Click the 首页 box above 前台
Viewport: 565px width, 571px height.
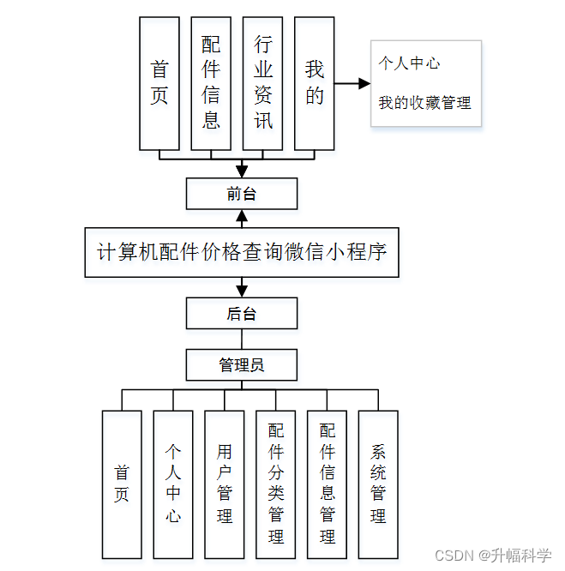click(x=159, y=83)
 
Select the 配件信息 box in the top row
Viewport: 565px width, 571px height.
click(x=211, y=83)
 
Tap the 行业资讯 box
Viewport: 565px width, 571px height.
click(x=262, y=83)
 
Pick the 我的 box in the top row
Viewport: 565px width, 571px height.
click(x=314, y=83)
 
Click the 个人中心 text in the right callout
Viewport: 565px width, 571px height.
click(x=410, y=63)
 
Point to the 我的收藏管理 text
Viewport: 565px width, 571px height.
click(x=425, y=103)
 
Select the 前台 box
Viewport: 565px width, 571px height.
click(x=242, y=194)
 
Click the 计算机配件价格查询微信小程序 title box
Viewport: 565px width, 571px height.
click(x=242, y=252)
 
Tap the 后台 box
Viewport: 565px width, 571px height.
click(x=242, y=314)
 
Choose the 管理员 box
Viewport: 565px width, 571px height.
click(x=242, y=365)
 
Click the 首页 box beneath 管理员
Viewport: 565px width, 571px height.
click(x=122, y=484)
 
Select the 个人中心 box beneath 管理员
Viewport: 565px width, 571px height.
click(x=173, y=484)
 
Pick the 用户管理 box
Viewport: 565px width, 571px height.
click(x=225, y=484)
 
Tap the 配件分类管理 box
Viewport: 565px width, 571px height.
click(x=276, y=484)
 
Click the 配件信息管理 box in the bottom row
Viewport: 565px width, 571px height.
click(x=328, y=484)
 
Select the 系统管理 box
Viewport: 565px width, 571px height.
click(x=378, y=484)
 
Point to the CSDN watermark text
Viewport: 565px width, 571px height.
click(x=493, y=556)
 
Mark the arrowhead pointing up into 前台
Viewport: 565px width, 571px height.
click(x=242, y=215)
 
